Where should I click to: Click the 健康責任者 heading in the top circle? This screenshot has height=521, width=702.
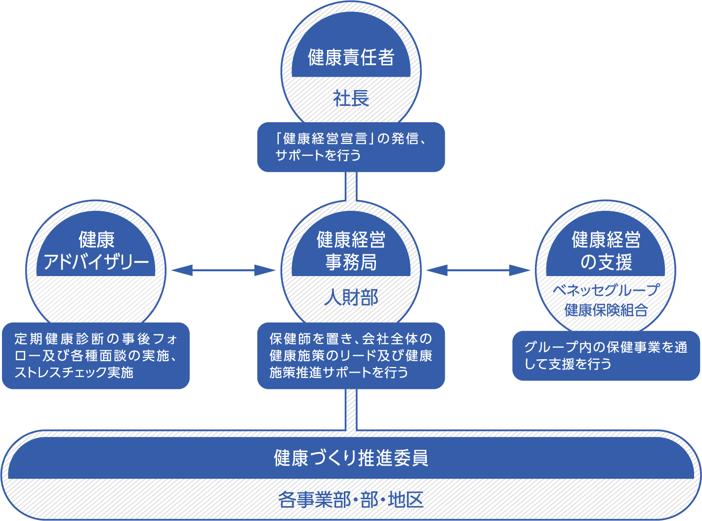pyautogui.click(x=351, y=57)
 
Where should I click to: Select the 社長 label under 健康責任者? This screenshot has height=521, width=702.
pyautogui.click(x=351, y=98)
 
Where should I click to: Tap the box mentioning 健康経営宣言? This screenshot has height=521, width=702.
pyautogui.click(x=351, y=147)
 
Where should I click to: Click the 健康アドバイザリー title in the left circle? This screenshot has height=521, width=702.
pyautogui.click(x=96, y=251)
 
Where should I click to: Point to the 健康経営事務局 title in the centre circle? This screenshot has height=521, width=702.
pyautogui.click(x=351, y=251)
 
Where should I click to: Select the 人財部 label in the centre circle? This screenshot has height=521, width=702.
pyautogui.click(x=351, y=298)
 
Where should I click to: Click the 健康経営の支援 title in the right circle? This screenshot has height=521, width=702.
pyautogui.click(x=606, y=251)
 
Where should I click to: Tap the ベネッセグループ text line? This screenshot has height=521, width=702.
pyautogui.click(x=606, y=290)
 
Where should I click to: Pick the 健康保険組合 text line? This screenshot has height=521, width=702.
pyautogui.click(x=606, y=310)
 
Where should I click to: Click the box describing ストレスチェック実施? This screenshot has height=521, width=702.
pyautogui.click(x=96, y=356)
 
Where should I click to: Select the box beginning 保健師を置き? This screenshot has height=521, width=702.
pyautogui.click(x=351, y=356)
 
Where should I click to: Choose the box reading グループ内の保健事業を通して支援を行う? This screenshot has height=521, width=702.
pyautogui.click(x=606, y=356)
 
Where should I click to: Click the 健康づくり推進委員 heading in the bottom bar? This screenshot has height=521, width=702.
pyautogui.click(x=351, y=458)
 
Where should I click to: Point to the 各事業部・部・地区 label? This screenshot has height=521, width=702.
pyautogui.click(x=351, y=500)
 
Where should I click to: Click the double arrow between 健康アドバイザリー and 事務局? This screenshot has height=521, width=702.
pyautogui.click(x=223, y=270)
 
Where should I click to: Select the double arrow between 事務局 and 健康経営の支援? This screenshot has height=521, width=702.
pyautogui.click(x=478, y=270)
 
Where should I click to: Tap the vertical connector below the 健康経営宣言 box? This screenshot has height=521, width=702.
pyautogui.click(x=351, y=186)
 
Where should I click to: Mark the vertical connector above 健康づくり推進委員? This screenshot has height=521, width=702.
pyautogui.click(x=351, y=410)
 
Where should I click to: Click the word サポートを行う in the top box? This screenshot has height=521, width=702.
pyautogui.click(x=318, y=155)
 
